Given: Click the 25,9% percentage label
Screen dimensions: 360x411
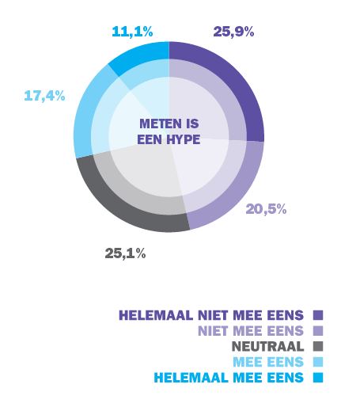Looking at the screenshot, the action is [x=233, y=32].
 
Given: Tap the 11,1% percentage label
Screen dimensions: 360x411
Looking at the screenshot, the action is [x=132, y=32].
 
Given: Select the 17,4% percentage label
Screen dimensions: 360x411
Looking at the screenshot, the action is [x=44, y=96].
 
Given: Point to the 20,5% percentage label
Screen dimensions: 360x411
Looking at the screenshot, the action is [x=266, y=209].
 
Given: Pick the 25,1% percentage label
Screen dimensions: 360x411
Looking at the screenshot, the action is [x=125, y=253].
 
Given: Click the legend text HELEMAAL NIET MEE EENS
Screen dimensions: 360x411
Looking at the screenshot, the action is [x=211, y=315].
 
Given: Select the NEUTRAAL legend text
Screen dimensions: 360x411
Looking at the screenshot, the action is [x=267, y=346].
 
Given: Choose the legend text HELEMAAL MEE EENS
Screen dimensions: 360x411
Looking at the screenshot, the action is [x=229, y=378].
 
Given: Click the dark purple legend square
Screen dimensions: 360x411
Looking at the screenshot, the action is [x=318, y=315].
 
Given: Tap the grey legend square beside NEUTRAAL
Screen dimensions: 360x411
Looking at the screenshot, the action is [x=318, y=346].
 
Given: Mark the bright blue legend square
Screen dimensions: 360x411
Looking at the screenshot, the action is [x=318, y=378].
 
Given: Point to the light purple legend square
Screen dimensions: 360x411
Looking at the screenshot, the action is [x=318, y=331].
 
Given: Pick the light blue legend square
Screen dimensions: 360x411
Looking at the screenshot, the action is [x=318, y=362].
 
